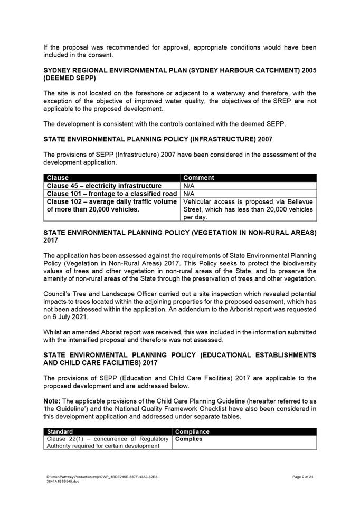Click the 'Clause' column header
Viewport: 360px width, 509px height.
tap(58, 178)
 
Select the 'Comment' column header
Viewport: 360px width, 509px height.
tap(198, 178)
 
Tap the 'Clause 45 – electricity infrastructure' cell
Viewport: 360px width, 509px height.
tap(104, 186)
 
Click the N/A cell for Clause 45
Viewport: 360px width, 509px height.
tap(190, 186)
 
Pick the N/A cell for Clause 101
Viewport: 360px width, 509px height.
tap(190, 194)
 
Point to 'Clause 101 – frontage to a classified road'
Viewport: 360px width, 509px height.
tap(112, 194)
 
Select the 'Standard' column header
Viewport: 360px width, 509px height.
tap(60, 431)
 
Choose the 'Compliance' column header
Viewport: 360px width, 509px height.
tap(192, 431)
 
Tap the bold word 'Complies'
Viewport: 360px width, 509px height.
tap(188, 439)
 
